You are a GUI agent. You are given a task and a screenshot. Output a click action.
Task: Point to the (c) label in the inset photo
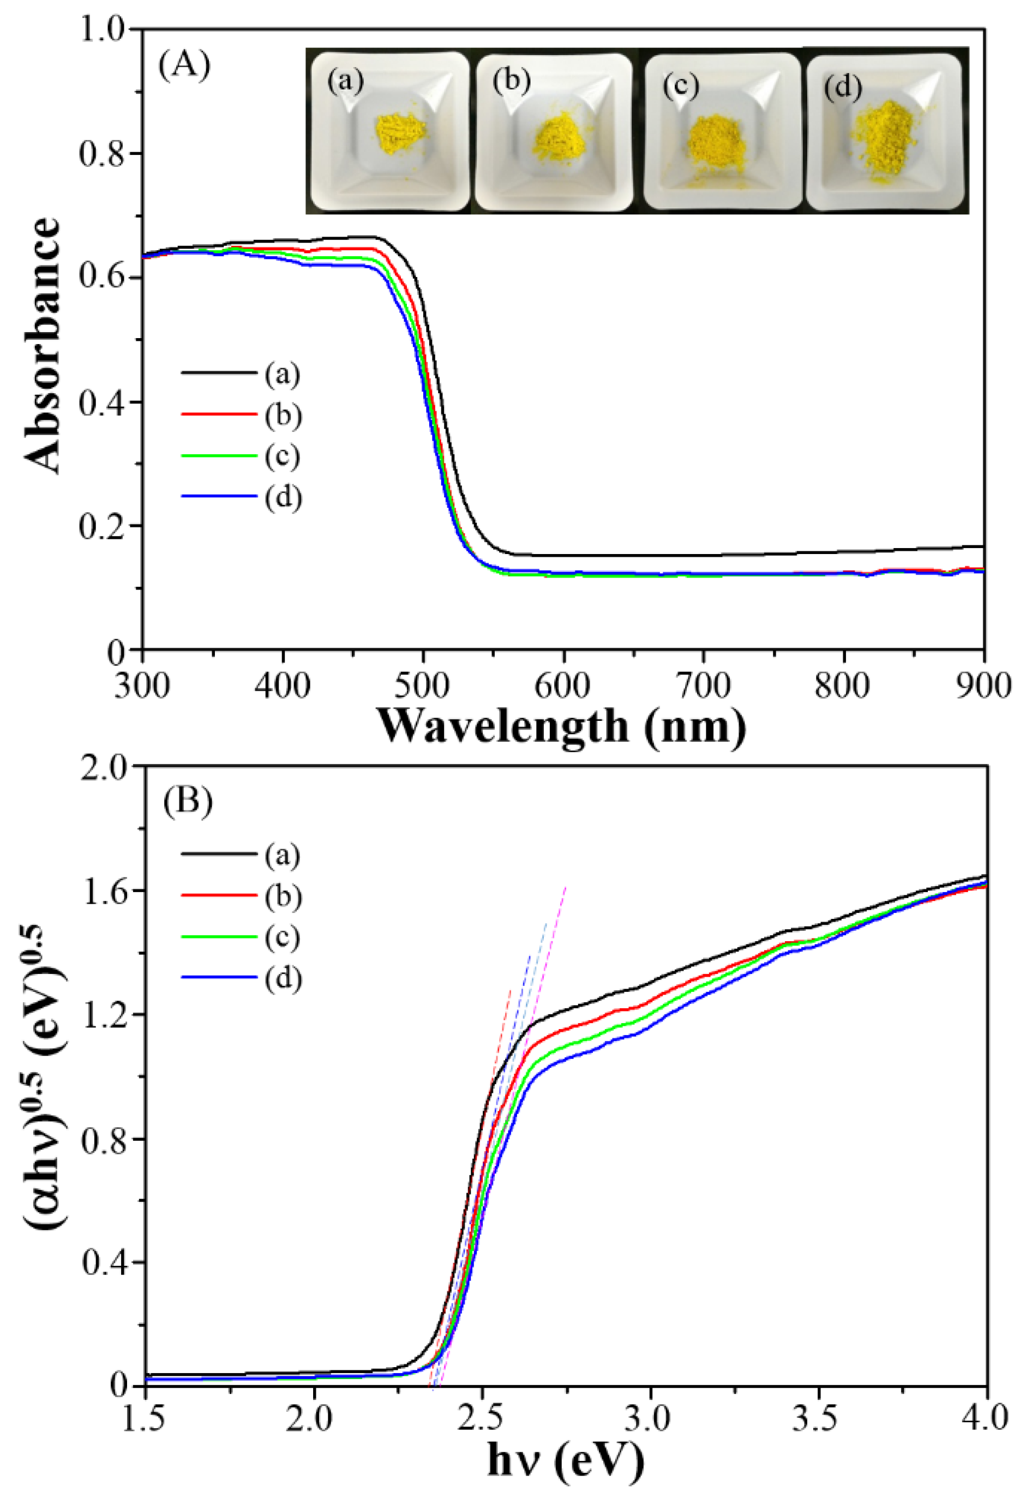(681, 86)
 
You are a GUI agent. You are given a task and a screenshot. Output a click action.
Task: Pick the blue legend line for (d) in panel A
(219, 496)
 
